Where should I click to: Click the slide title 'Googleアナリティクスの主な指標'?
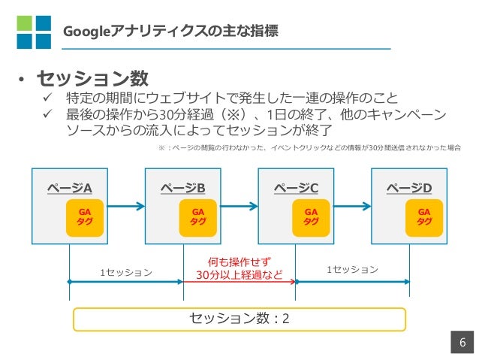(170, 32)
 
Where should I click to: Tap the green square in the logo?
(24, 23)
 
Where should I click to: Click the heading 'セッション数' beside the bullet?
(92, 78)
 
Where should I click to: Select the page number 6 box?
(462, 342)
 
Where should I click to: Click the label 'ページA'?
(70, 188)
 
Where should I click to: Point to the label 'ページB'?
(183, 188)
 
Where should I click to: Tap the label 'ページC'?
(296, 188)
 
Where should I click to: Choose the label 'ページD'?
(409, 188)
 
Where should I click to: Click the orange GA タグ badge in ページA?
(85, 218)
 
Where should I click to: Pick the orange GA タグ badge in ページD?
(424, 218)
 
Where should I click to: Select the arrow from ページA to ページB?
(126, 206)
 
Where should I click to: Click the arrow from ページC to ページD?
(353, 206)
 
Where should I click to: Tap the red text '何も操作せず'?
(239, 262)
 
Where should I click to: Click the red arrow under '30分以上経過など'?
(239, 282)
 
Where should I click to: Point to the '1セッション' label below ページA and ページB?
(126, 272)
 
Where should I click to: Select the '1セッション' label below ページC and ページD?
(353, 270)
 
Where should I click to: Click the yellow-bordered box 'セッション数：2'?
(239, 319)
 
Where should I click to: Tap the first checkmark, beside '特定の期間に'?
(47, 98)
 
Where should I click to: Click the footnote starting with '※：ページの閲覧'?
(309, 148)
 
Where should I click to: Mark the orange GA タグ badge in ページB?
(198, 218)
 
